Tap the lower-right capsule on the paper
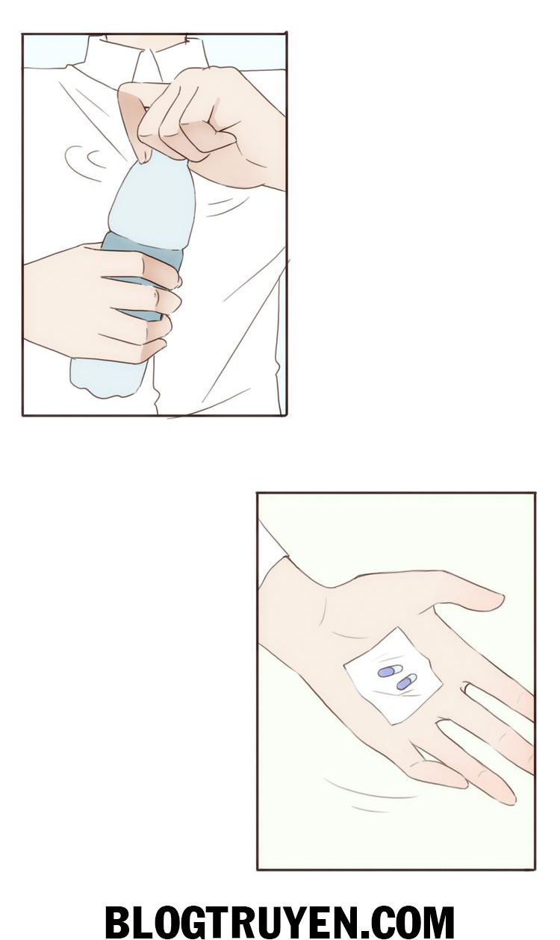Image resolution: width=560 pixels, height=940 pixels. [x=407, y=682]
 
